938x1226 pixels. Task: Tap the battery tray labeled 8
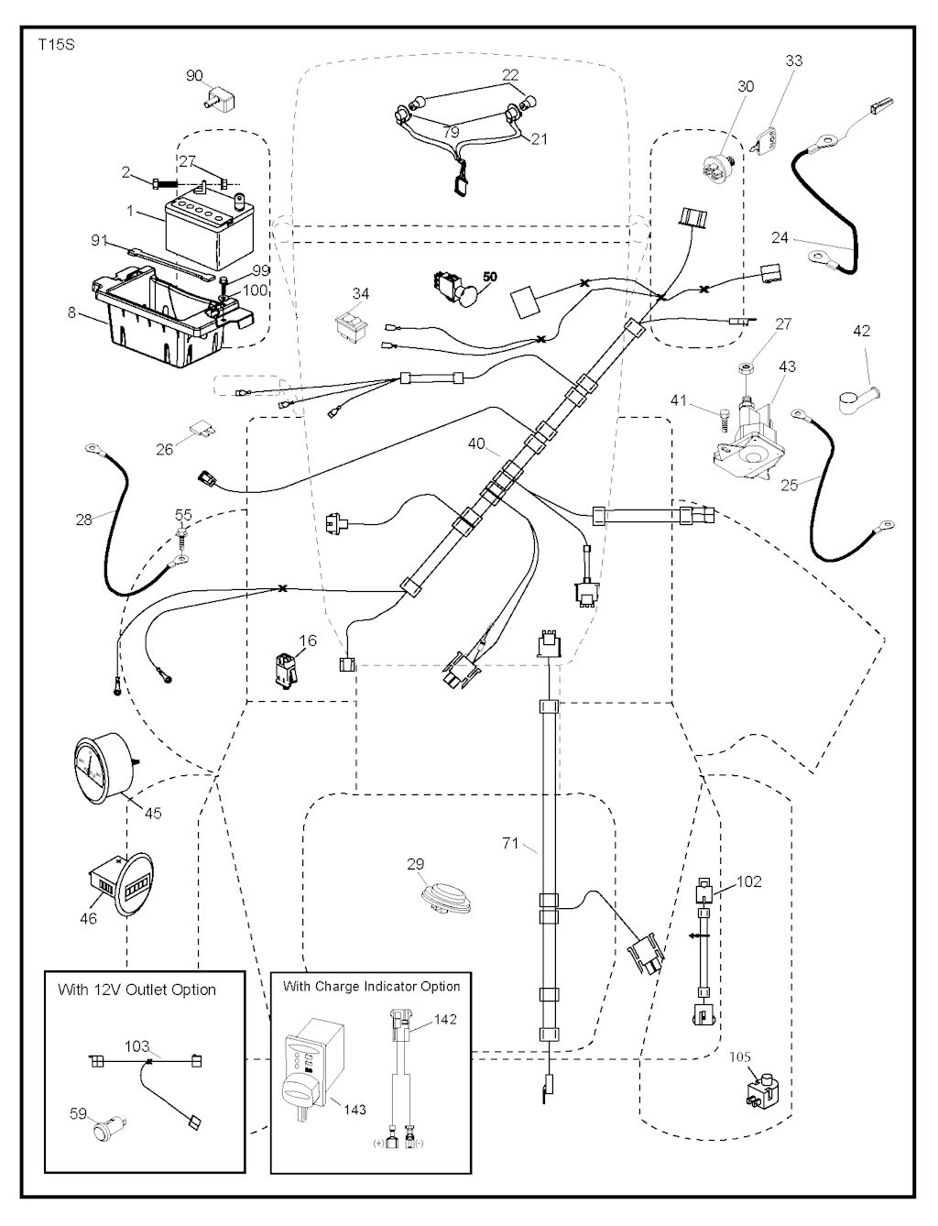[165, 316]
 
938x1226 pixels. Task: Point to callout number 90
[194, 76]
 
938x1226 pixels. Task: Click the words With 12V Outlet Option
[136, 990]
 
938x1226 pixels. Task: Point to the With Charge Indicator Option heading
[371, 986]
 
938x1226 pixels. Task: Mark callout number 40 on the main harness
[476, 444]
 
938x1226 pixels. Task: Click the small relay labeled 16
[283, 670]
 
